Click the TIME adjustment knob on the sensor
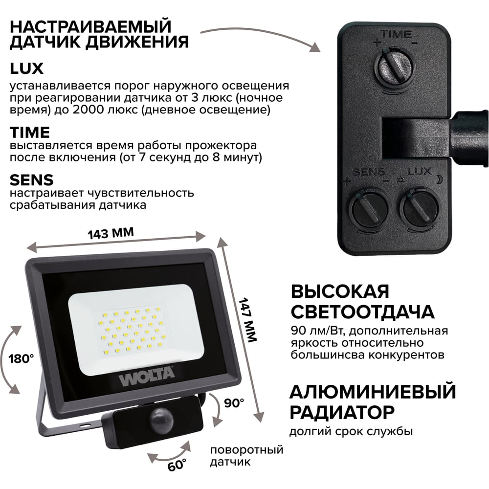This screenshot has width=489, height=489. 395,66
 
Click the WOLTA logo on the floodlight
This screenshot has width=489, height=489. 146,377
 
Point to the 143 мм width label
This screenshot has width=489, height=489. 111,233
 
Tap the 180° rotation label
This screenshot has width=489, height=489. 21,359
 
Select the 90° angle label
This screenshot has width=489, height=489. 234,403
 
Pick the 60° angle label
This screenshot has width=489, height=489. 177,465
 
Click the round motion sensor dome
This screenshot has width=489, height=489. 161,420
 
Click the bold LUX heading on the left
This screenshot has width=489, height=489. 26,68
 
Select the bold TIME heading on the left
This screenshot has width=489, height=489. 30,133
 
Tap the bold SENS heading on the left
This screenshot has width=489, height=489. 31,180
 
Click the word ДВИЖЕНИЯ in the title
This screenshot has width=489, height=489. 137,42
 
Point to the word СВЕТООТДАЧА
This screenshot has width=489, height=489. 363,312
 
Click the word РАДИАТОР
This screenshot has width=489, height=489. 342,412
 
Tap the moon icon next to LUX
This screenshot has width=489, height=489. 439,179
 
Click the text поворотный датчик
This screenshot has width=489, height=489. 246,456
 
